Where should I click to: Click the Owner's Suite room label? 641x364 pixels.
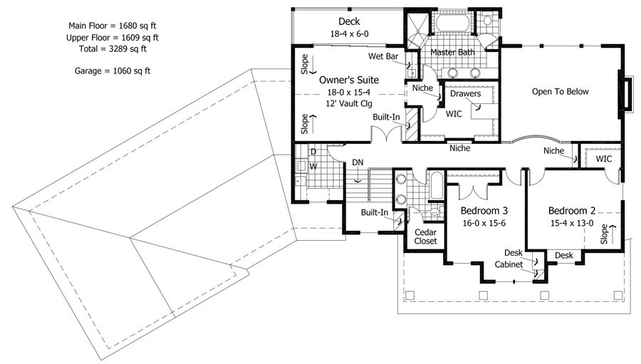(x=349, y=80)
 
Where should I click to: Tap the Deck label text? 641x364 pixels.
(x=349, y=21)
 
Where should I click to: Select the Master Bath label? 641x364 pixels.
(x=452, y=52)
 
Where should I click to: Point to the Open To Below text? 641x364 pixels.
(x=560, y=92)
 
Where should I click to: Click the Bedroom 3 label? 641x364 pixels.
(x=484, y=211)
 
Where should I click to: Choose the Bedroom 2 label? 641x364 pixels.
(x=571, y=211)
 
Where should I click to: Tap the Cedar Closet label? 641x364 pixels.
(x=426, y=236)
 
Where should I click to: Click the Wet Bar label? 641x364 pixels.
(x=383, y=56)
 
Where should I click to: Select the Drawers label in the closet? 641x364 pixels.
(x=465, y=93)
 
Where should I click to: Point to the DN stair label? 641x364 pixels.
(x=358, y=162)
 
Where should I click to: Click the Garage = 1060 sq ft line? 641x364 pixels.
(x=113, y=71)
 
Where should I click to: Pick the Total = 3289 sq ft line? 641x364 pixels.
(x=113, y=48)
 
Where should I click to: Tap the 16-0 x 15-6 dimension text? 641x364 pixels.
(x=484, y=223)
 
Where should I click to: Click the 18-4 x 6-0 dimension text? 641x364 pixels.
(x=349, y=34)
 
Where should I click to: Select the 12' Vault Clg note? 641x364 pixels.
(x=349, y=103)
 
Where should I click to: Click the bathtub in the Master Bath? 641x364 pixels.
(x=453, y=23)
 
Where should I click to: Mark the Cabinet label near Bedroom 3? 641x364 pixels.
(x=509, y=264)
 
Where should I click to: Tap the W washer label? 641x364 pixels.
(x=313, y=167)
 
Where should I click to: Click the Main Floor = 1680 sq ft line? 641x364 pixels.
(x=113, y=26)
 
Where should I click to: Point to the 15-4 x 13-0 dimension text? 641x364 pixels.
(x=571, y=223)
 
